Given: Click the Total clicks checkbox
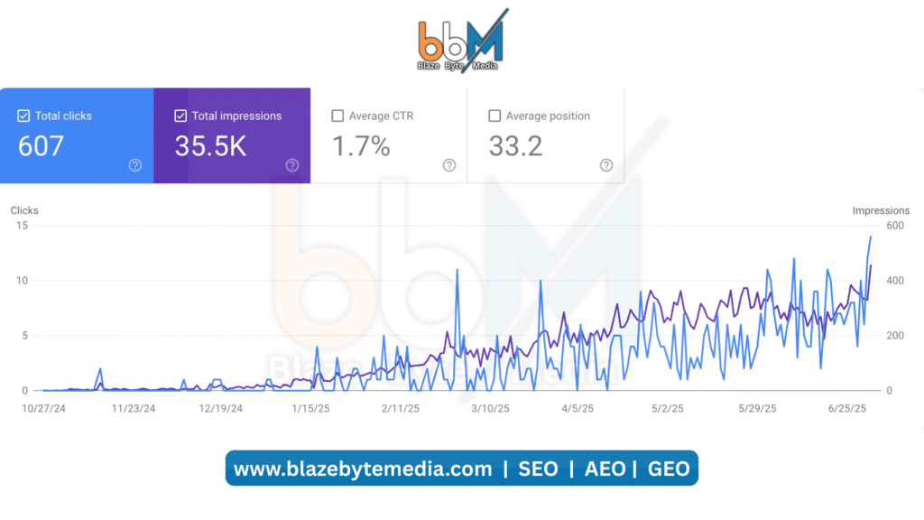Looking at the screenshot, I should coord(24,116).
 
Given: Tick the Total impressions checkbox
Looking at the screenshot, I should coord(180,116).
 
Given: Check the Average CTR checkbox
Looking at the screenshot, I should coord(337,116).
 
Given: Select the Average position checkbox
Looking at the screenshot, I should coord(494,116).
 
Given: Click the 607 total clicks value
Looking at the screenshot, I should coord(41,146).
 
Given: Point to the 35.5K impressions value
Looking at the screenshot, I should coord(210,146).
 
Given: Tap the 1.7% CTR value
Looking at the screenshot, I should coord(361,146).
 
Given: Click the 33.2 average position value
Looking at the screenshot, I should coord(515,146).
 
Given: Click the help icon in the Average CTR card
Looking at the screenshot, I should coord(449,165).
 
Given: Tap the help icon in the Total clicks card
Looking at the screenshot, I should coord(135,165).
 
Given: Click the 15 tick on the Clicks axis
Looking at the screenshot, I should coord(22,226).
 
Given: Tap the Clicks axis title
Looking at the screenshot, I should coord(24,210).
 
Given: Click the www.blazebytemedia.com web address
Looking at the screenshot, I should coord(363,469).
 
